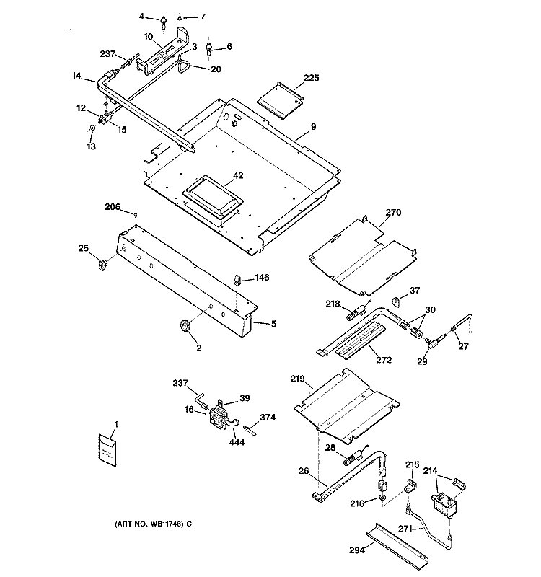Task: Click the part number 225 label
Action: [x=312, y=78]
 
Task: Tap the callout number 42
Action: [x=238, y=175]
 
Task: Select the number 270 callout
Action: [x=393, y=212]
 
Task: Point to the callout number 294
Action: [x=357, y=550]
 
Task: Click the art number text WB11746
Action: [x=166, y=524]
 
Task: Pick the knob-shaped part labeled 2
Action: [x=185, y=326]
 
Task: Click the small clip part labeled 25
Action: [x=102, y=265]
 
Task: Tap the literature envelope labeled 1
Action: [x=107, y=450]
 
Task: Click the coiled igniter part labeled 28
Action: [x=354, y=457]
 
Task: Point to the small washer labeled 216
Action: [x=382, y=498]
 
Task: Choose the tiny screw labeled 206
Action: [x=136, y=215]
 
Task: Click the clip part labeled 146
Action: [x=238, y=280]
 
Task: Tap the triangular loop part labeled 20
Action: [x=182, y=66]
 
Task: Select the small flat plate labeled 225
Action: [x=280, y=100]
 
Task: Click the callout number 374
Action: [x=268, y=418]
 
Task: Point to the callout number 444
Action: [x=237, y=442]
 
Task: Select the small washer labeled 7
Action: [x=179, y=18]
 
